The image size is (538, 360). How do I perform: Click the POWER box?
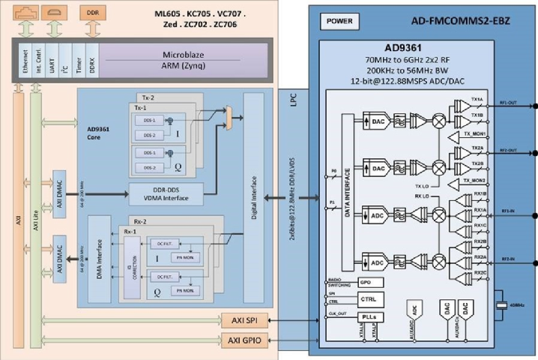point(342,21)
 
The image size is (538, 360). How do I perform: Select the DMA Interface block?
point(95,255)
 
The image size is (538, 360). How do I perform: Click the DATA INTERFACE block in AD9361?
point(348,192)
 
